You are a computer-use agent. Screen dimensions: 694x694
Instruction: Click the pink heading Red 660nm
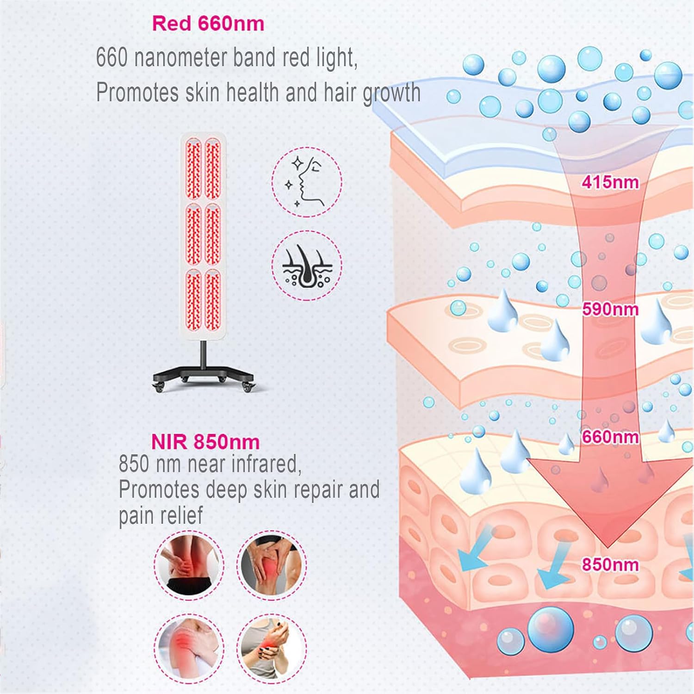click(x=208, y=24)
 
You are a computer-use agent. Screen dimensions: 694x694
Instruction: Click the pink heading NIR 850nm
click(x=205, y=442)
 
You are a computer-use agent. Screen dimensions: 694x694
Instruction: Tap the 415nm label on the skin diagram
click(x=610, y=182)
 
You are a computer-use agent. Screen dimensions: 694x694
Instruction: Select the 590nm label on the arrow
click(x=610, y=309)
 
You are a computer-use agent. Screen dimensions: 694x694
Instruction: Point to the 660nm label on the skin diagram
click(x=610, y=437)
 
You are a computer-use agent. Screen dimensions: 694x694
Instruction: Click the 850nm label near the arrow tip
click(x=610, y=564)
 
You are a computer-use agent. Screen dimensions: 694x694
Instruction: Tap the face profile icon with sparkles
click(x=306, y=182)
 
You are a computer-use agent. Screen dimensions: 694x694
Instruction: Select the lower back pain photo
click(x=188, y=565)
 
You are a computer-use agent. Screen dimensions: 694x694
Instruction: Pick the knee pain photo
click(x=272, y=565)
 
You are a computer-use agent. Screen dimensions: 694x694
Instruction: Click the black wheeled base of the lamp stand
click(x=204, y=377)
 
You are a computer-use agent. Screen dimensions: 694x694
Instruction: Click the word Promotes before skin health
click(x=137, y=92)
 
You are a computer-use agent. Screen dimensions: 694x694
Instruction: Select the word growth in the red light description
click(x=391, y=93)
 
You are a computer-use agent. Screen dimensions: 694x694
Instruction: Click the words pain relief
click(x=161, y=515)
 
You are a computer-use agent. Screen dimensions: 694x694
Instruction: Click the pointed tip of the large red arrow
click(x=607, y=546)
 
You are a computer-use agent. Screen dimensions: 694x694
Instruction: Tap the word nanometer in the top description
click(x=180, y=57)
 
